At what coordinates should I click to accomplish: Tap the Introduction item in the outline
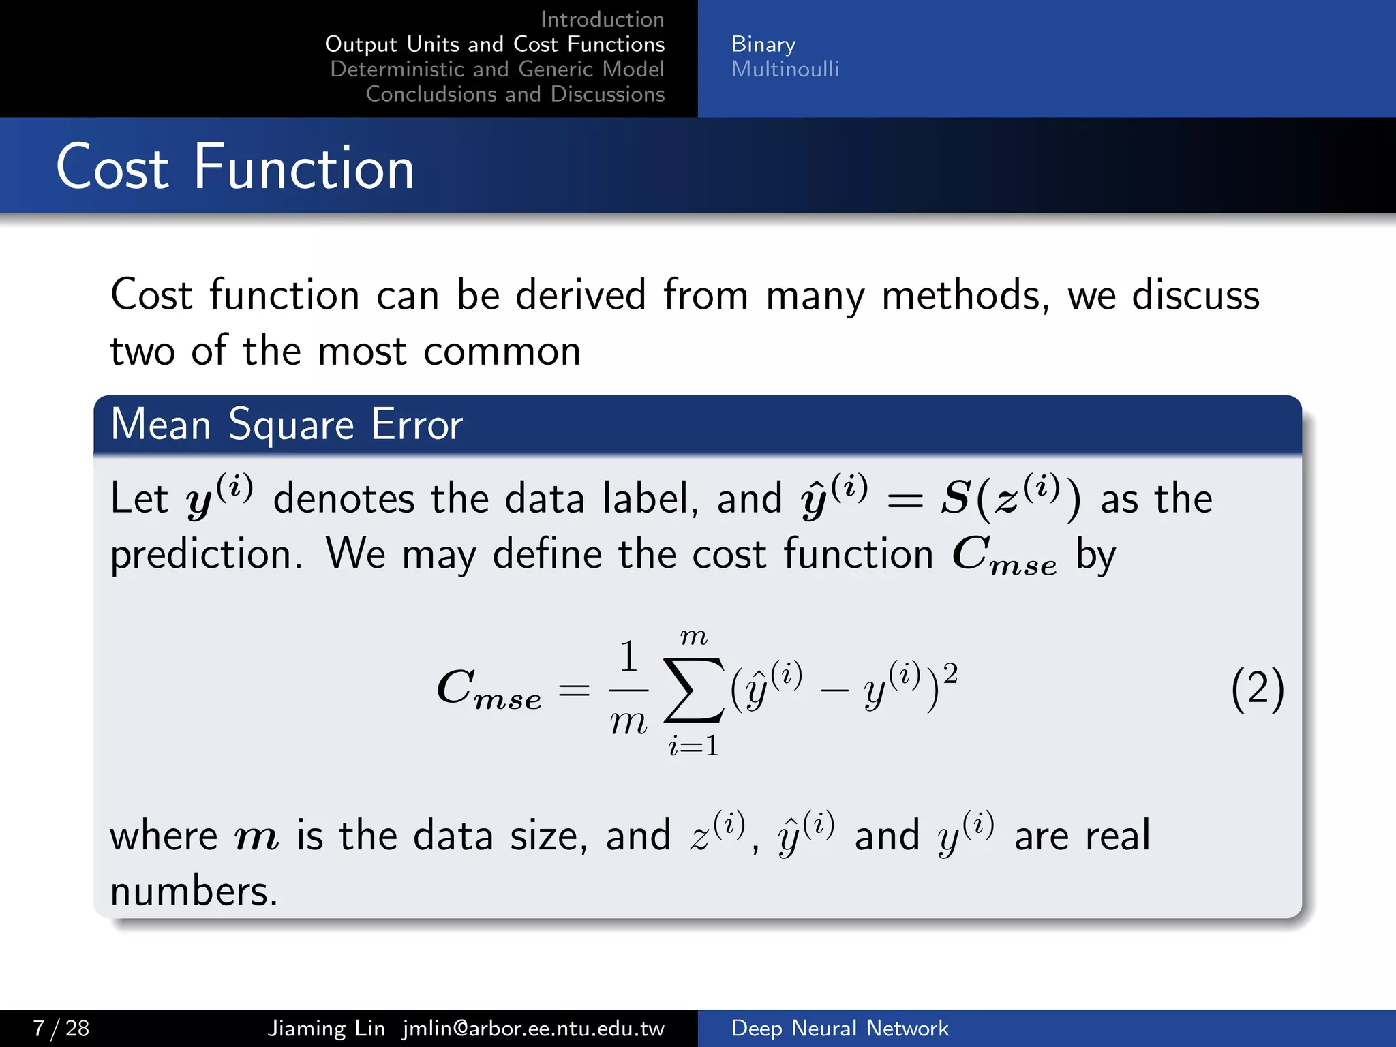coord(602,19)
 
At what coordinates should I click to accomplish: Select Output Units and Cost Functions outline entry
coord(495,44)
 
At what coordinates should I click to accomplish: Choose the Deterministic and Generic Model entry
coord(497,69)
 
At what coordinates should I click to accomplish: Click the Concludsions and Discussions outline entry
coord(515,94)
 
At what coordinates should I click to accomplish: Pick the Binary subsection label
coord(763,44)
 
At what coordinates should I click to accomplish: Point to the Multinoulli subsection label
coord(785,69)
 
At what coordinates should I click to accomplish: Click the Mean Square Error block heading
coord(286,424)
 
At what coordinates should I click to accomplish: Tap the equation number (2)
coord(1257,690)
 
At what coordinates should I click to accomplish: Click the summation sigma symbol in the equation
coord(693,690)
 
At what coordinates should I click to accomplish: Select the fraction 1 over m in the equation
coord(628,688)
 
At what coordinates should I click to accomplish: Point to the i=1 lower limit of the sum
coord(693,746)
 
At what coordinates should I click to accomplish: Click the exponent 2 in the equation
coord(950,673)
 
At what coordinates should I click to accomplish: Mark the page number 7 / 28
coord(61,1028)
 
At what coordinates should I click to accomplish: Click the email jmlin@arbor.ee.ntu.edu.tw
coord(533,1028)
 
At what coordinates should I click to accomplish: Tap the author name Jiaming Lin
coord(326,1028)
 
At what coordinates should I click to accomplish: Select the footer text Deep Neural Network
coord(839,1028)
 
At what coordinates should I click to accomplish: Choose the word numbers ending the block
coord(194,892)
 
